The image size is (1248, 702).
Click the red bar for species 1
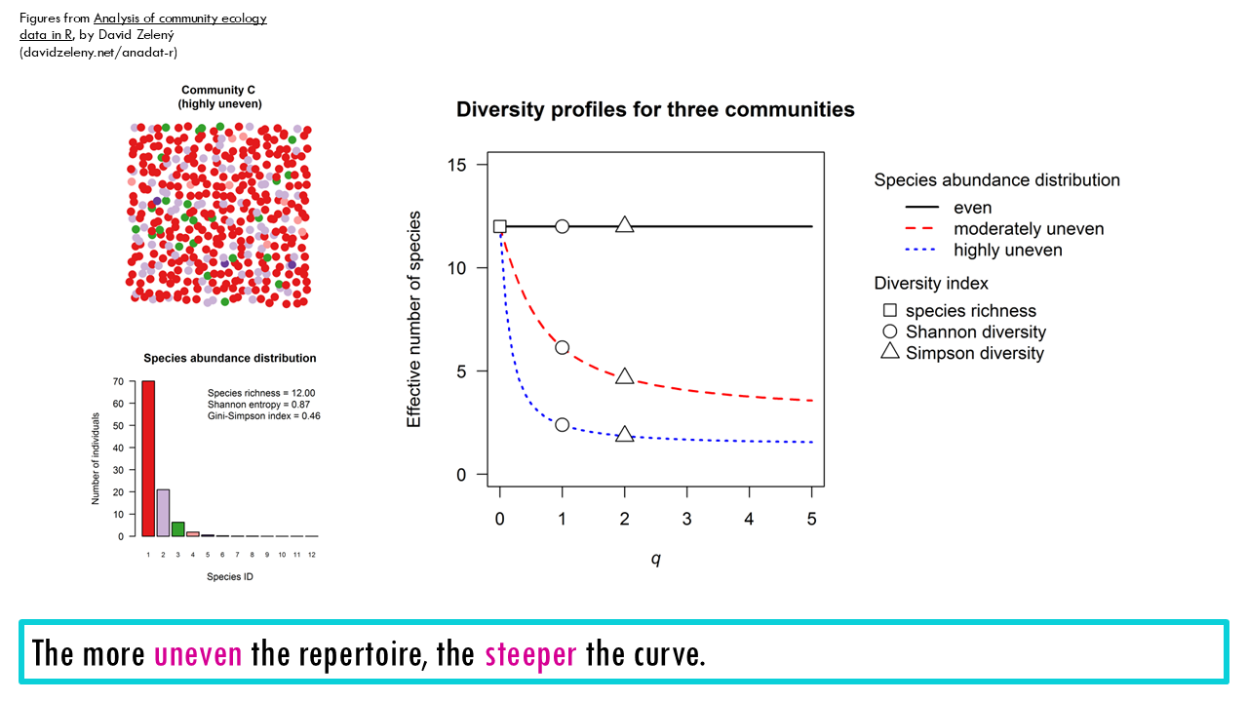[x=148, y=458]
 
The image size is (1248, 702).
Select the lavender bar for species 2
[x=163, y=513]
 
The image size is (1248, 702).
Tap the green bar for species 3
[x=177, y=529]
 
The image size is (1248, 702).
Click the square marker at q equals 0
[x=500, y=226]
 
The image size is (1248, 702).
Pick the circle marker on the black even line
[x=563, y=226]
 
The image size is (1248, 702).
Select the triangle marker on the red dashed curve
[x=625, y=376]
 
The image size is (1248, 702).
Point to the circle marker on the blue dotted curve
[x=563, y=424]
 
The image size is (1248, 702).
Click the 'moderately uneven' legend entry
[x=1028, y=229]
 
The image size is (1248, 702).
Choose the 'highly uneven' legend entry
[x=1007, y=251]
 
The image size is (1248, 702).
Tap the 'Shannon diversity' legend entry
[x=975, y=332]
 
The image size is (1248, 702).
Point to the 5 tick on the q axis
[x=811, y=519]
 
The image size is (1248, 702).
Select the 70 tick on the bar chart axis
[x=117, y=382]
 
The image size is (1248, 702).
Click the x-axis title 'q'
[x=655, y=560]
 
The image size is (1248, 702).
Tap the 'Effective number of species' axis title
[x=414, y=319]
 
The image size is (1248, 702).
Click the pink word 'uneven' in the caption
[x=198, y=653]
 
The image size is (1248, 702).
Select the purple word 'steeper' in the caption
[x=531, y=653]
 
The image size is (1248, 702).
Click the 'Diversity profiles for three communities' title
[x=655, y=110]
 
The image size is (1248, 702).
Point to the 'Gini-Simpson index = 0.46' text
[x=263, y=416]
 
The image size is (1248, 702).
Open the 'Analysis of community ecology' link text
[x=179, y=19]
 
